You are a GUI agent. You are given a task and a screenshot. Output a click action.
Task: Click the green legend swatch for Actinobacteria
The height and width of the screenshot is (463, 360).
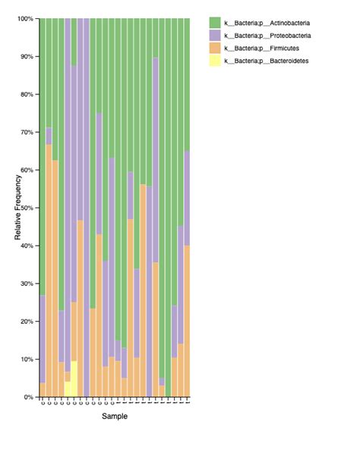click(x=214, y=24)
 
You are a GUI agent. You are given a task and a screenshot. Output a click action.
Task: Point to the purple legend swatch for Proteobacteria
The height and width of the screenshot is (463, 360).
click(x=214, y=36)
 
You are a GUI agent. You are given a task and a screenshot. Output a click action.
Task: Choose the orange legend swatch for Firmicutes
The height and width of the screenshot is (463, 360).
click(x=214, y=48)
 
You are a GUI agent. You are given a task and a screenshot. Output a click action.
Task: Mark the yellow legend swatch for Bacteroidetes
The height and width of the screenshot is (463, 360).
click(x=214, y=60)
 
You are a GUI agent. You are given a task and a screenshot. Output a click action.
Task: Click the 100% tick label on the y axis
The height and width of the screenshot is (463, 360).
click(x=25, y=18)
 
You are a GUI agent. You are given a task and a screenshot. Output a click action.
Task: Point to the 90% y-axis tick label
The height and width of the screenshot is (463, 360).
click(x=27, y=56)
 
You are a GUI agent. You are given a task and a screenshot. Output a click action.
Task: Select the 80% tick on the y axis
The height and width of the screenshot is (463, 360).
click(x=27, y=94)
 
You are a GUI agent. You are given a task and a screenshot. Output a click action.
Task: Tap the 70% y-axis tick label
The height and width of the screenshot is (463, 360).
click(x=27, y=132)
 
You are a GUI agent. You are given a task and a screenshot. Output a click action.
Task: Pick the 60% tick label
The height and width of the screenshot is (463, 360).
click(x=27, y=170)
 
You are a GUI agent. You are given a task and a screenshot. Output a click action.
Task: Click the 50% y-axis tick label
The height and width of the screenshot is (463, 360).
click(x=27, y=208)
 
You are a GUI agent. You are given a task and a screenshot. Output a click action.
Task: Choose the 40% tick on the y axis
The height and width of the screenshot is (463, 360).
click(x=27, y=246)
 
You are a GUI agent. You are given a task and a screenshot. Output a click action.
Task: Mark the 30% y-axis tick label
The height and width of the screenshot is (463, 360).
click(x=27, y=284)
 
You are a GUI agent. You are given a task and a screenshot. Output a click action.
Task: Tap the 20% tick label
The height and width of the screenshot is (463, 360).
click(x=27, y=322)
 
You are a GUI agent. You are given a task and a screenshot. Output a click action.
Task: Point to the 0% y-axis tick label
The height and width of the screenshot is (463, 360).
click(x=29, y=397)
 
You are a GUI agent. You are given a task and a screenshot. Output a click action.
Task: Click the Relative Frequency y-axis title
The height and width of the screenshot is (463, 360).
click(x=17, y=208)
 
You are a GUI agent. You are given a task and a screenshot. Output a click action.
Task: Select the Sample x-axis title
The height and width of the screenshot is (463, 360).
click(x=115, y=417)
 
